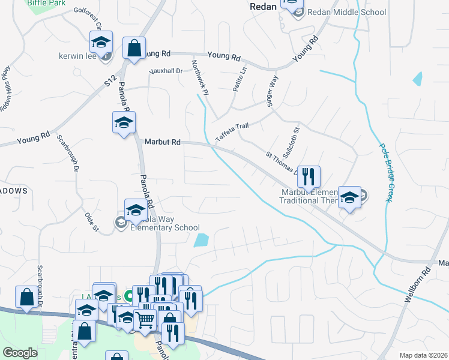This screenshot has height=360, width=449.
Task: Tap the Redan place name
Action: [263, 6]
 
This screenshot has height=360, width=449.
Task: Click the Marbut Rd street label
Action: [163, 142]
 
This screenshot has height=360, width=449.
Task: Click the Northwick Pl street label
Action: [199, 77]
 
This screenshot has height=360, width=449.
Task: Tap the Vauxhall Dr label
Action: [166, 71]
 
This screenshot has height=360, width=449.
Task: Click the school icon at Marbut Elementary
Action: [349, 197]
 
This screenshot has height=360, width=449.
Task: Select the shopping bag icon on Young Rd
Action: [134, 49]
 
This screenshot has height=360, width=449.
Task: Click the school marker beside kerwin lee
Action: [101, 42]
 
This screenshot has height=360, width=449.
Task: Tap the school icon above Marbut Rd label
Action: [124, 123]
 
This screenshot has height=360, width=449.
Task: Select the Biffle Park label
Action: [46, 3]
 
